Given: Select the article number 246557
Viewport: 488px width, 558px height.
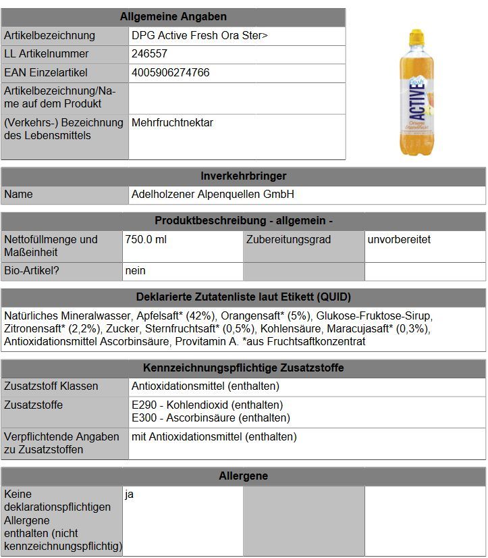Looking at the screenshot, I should click(150, 54).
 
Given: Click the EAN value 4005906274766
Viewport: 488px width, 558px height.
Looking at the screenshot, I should click(171, 72).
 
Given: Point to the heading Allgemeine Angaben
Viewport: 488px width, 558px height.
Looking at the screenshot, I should click(173, 17).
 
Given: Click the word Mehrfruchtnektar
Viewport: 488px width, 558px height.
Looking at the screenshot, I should click(173, 123).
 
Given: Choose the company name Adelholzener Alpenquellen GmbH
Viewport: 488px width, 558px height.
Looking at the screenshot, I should click(213, 195).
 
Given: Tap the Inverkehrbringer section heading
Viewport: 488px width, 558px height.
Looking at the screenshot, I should click(244, 176).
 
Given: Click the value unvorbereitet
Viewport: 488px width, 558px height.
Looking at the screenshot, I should click(400, 240).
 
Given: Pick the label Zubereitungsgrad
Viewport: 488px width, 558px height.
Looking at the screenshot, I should click(288, 240).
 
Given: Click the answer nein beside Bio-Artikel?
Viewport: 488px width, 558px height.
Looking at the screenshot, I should click(136, 271).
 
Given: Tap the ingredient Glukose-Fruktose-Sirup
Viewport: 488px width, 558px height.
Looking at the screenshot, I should click(374, 316).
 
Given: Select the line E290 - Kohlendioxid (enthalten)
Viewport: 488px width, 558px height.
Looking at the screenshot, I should click(208, 405).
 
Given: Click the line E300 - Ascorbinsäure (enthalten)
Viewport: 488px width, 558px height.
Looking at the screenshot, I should click(211, 418).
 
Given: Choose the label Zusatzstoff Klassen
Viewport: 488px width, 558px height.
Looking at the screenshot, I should click(51, 386).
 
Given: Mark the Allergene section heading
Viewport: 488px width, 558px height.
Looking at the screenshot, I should click(244, 476).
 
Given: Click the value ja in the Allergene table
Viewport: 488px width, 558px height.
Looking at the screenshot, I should click(130, 494).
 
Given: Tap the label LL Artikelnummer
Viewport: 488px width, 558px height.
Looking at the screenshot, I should click(47, 54).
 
